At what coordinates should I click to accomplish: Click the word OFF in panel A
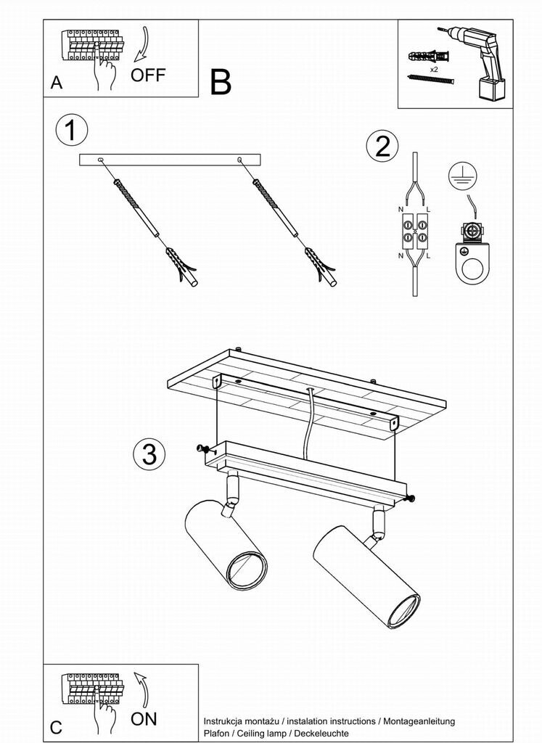(148, 75)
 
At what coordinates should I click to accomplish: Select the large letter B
(221, 82)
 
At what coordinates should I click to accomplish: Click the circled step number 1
(72, 131)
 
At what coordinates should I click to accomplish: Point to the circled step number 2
(382, 146)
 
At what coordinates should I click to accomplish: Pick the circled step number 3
(149, 454)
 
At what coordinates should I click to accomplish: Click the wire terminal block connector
(415, 231)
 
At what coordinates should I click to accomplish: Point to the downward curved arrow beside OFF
(141, 44)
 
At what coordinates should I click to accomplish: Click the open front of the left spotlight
(246, 572)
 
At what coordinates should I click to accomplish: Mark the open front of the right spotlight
(404, 611)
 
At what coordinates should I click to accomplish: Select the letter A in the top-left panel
(57, 83)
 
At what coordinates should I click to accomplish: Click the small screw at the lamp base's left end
(202, 448)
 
